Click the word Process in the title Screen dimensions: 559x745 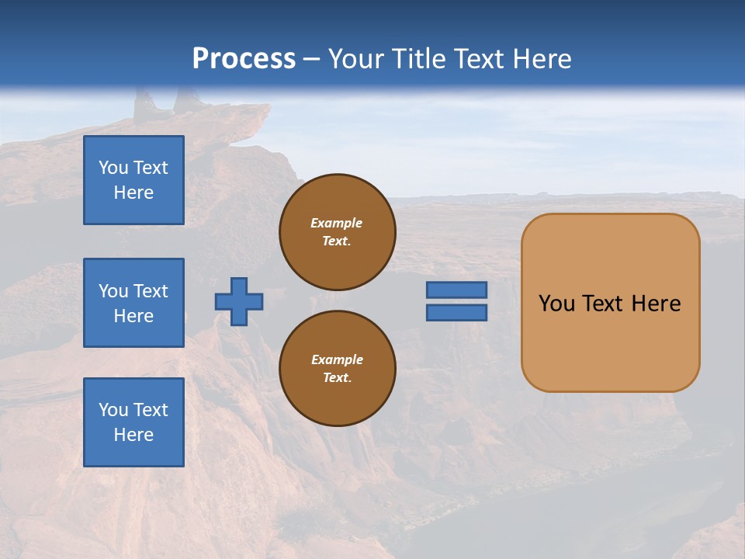coord(244,59)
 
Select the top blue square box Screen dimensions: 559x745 coord(133,180)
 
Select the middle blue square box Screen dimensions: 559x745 coord(133,303)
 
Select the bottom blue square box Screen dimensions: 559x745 coord(133,422)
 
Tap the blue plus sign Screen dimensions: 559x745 coord(239,301)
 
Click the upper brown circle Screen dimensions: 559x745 coord(337,232)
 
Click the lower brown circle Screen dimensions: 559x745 coord(337,369)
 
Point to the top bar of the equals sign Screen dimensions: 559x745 coord(456,290)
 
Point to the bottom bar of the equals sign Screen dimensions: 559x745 coord(456,313)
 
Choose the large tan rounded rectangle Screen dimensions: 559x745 coord(610,303)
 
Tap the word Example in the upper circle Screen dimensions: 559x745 coord(337,223)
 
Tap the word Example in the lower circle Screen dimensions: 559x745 coord(337,359)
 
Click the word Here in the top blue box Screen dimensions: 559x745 coord(133,193)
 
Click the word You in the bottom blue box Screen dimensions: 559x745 coord(113,410)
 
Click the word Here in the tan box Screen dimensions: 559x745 coord(656,304)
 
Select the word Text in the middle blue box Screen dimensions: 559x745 coord(151,291)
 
